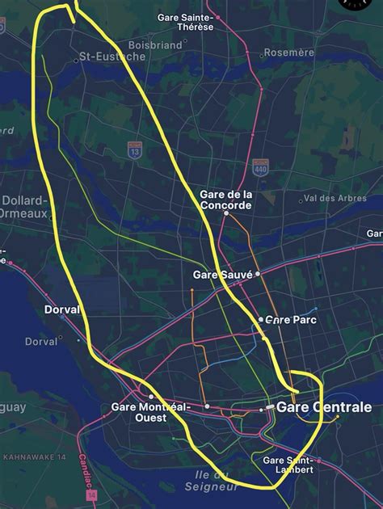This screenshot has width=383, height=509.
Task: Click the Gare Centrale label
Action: [324, 407]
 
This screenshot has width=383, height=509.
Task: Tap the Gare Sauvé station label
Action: [222, 275]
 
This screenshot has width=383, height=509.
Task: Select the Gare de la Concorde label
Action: [225, 200]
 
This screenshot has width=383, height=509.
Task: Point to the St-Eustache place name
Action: [112, 57]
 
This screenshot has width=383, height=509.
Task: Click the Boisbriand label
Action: [155, 45]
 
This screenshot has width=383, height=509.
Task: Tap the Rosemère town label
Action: [288, 53]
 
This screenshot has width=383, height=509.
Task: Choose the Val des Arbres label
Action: [335, 198]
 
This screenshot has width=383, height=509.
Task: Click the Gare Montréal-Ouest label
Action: [150, 412]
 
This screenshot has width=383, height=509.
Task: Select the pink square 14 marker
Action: [91, 494]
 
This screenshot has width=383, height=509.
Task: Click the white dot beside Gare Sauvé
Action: [258, 274]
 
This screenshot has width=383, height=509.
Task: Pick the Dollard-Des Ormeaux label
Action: [25, 207]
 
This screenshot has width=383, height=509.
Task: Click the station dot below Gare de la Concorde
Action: [226, 213]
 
